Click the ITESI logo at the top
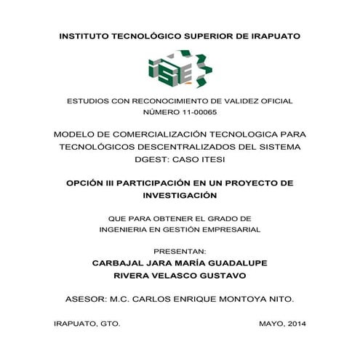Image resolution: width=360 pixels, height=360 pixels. coord(180,70)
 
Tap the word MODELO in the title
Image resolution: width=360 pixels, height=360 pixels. coord(77,135)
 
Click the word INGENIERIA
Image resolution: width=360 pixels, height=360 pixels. coord(128,230)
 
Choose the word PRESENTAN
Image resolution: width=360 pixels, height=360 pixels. coord(180,252)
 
